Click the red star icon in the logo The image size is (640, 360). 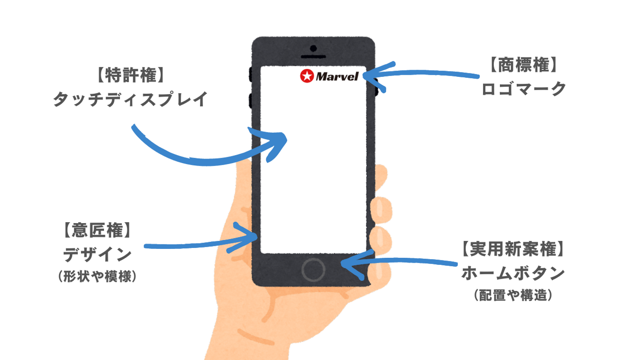pyautogui.click(x=306, y=76)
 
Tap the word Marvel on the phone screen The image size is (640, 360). pyautogui.click(x=337, y=77)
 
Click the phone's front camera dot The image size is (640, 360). pyautogui.click(x=314, y=48)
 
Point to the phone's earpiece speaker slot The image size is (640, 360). pyautogui.click(x=314, y=57)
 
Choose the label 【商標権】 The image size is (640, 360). pyautogui.click(x=524, y=66)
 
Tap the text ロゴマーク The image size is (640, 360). pyautogui.click(x=524, y=89)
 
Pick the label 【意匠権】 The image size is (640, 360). pyautogui.click(x=96, y=232)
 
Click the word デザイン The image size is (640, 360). pyautogui.click(x=97, y=255)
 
